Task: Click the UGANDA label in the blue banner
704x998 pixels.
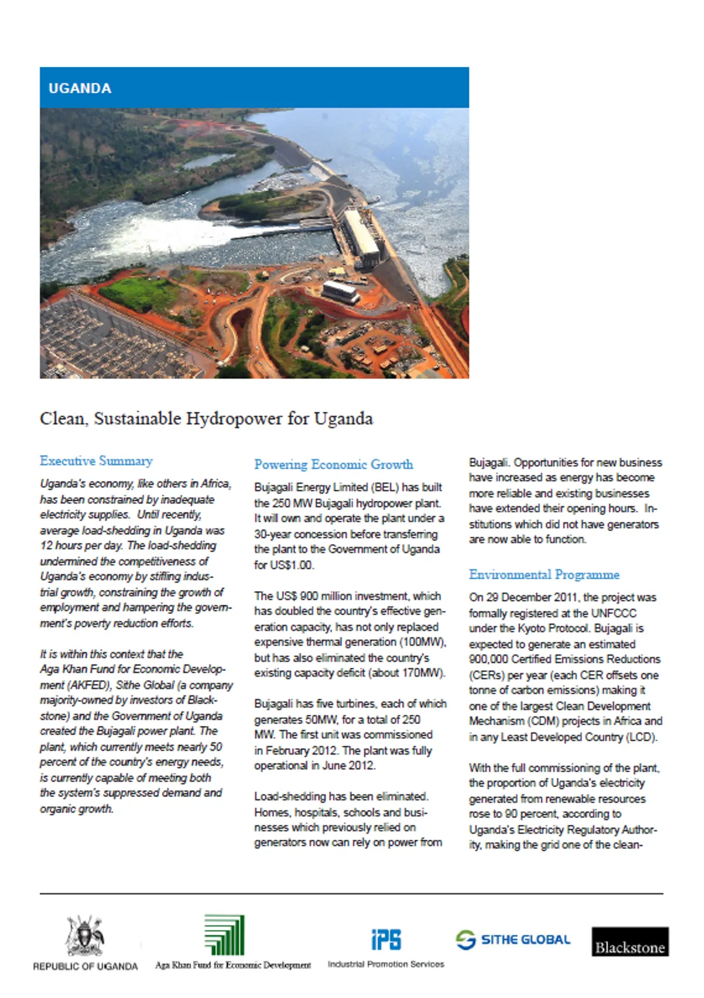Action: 80,89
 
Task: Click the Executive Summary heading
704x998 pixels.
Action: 96,461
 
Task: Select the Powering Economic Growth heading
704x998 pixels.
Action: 333,464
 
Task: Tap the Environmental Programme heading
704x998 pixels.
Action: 544,575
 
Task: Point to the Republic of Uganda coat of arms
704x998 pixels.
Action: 85,936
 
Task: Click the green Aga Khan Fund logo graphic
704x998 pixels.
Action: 224,935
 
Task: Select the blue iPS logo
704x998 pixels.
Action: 386,939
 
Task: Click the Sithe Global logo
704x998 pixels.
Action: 513,939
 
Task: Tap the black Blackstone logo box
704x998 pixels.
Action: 629,942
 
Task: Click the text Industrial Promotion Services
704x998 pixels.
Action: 385,964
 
